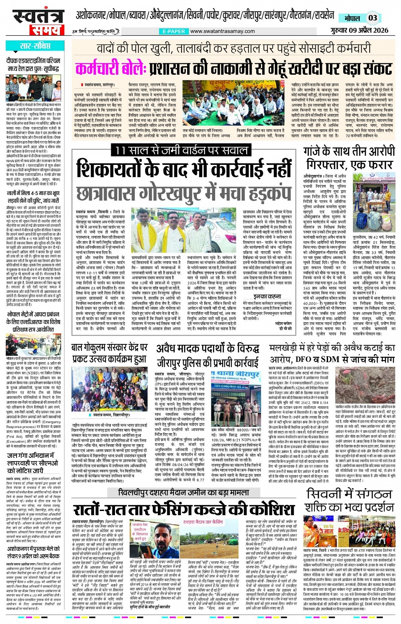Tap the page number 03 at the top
[x=372, y=18]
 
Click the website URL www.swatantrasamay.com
[x=222, y=31]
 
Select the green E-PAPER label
[x=174, y=31]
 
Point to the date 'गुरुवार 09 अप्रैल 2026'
[x=359, y=30]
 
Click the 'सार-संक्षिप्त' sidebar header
[x=35, y=46]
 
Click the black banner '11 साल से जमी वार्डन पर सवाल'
[x=181, y=150]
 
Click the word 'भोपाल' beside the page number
[x=352, y=18]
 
